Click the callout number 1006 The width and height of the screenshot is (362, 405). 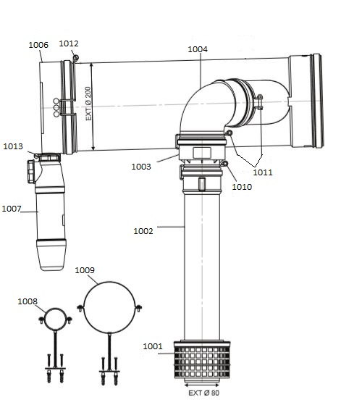tap(38, 45)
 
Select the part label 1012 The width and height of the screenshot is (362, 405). tap(69, 43)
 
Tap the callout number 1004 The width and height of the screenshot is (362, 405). tap(197, 49)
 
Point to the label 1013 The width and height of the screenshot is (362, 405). tap(13, 146)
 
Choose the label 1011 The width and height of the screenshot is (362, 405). tap(264, 172)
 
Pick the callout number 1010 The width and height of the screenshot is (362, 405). tap(242, 187)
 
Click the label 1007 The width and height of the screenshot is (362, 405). tap(11, 209)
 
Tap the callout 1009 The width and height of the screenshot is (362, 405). tap(85, 270)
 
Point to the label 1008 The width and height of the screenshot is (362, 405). tap(28, 301)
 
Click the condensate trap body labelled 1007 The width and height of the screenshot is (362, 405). tap(50, 217)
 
